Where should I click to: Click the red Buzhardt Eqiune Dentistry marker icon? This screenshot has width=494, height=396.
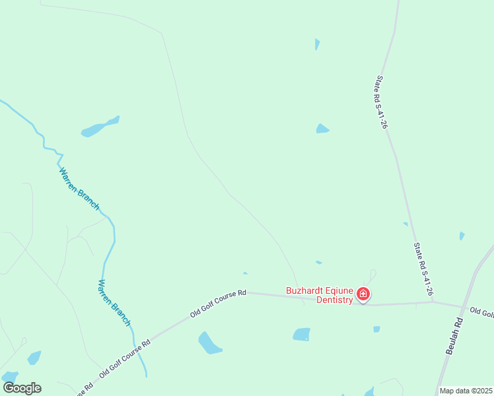363,294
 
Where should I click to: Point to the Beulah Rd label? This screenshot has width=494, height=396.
454,338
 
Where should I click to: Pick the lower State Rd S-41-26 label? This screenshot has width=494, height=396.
423,268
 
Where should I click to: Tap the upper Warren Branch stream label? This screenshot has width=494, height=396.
79,189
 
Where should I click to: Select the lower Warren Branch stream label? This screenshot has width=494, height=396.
114,302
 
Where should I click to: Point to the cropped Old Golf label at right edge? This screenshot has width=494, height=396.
481,312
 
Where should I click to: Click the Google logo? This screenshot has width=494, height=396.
22,388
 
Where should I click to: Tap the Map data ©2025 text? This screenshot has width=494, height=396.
466,391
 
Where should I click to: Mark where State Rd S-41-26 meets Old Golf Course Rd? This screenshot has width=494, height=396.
433,302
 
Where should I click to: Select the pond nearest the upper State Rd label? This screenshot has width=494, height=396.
322,129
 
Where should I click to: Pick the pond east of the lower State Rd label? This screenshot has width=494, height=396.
462,236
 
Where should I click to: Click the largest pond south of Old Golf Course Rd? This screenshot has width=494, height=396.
210,343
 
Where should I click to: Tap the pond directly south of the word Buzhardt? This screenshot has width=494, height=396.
301,335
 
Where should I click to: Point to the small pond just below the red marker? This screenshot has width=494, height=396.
376,329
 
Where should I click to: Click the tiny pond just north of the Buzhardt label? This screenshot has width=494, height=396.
318,263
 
